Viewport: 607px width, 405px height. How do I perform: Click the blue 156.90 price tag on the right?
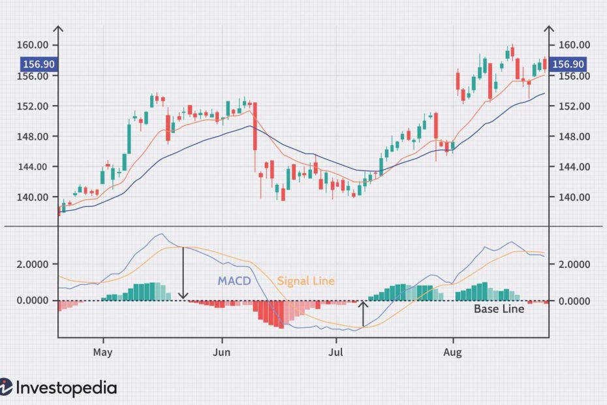point(568,65)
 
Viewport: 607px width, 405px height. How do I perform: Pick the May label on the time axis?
point(103,353)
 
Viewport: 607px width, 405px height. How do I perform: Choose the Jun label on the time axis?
point(222,353)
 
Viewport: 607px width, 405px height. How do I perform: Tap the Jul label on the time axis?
point(337,353)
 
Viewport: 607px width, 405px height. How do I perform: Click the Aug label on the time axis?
point(452,353)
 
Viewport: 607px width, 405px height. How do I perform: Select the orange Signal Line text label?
point(305,282)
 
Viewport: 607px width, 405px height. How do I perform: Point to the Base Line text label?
point(499,309)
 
